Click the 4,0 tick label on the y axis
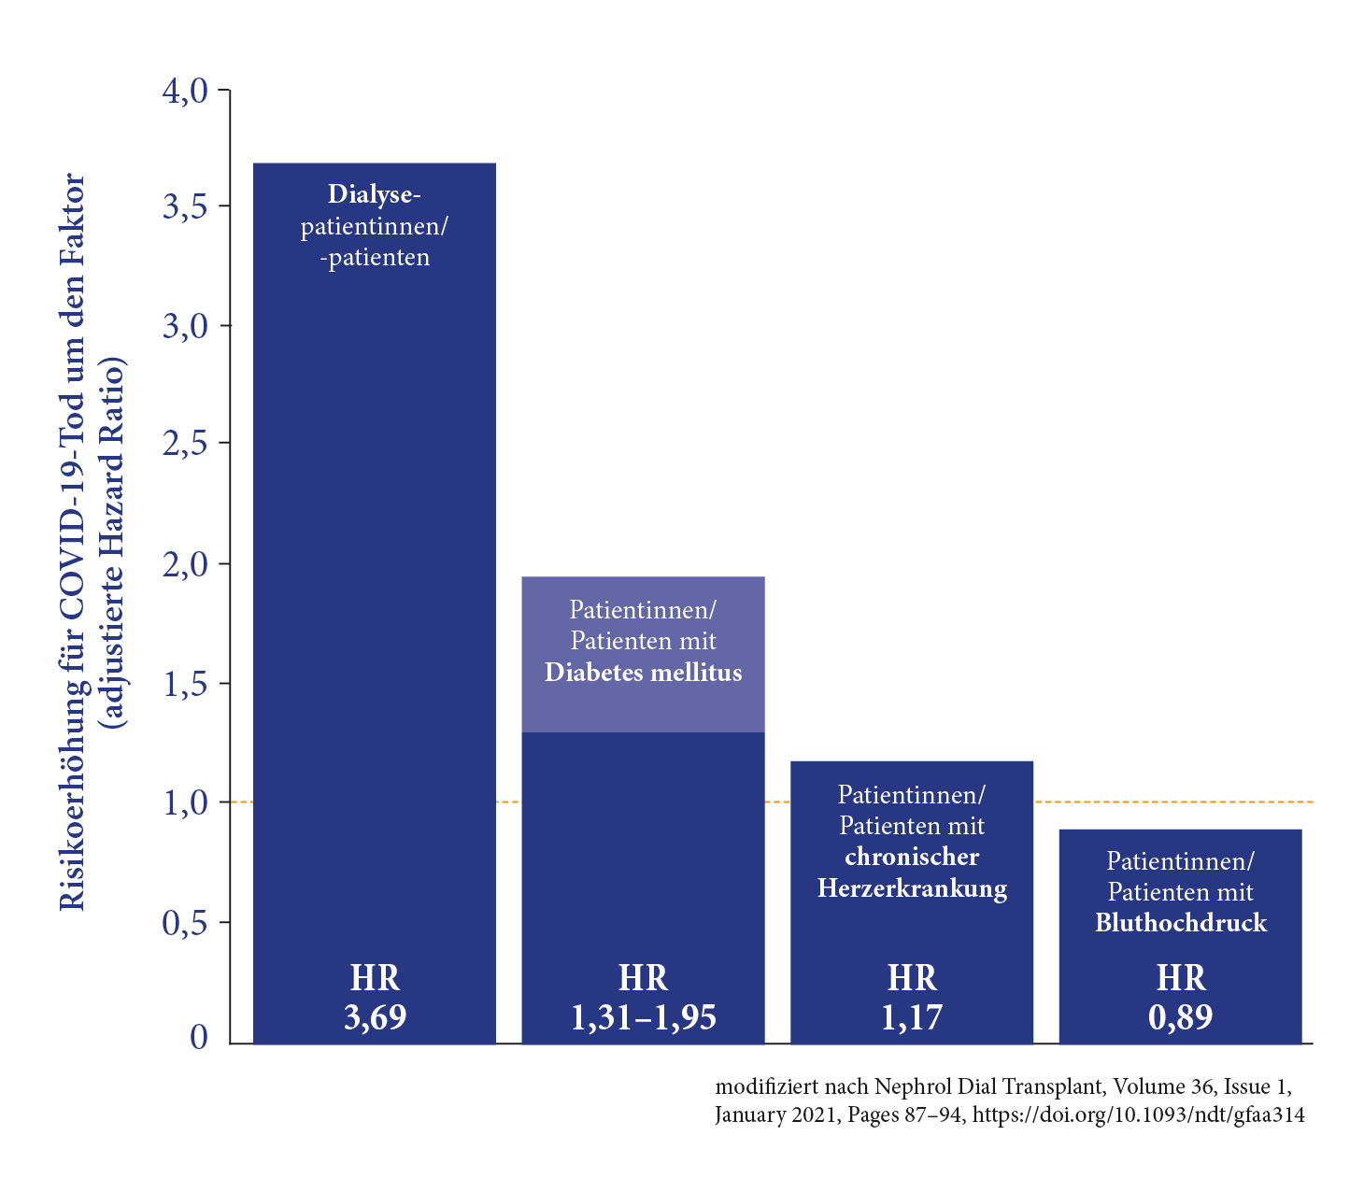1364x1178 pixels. [184, 91]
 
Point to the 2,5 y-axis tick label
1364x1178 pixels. [184, 444]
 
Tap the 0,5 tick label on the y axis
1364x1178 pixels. [184, 924]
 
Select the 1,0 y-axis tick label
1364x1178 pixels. [184, 803]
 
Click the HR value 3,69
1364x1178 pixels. [375, 1017]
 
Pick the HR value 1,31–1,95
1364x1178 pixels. [643, 1017]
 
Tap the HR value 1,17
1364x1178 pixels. [912, 1017]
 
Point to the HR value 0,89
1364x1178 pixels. [1180, 1017]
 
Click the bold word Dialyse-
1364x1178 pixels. [375, 194]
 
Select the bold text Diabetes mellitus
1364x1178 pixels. [643, 673]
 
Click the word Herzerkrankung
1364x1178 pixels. [912, 887]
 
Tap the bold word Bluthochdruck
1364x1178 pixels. [1181, 923]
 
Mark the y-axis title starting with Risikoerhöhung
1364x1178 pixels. [72, 542]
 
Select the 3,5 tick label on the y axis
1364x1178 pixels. [184, 207]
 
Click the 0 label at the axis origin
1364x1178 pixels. [198, 1037]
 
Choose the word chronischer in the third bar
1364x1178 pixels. [912, 857]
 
